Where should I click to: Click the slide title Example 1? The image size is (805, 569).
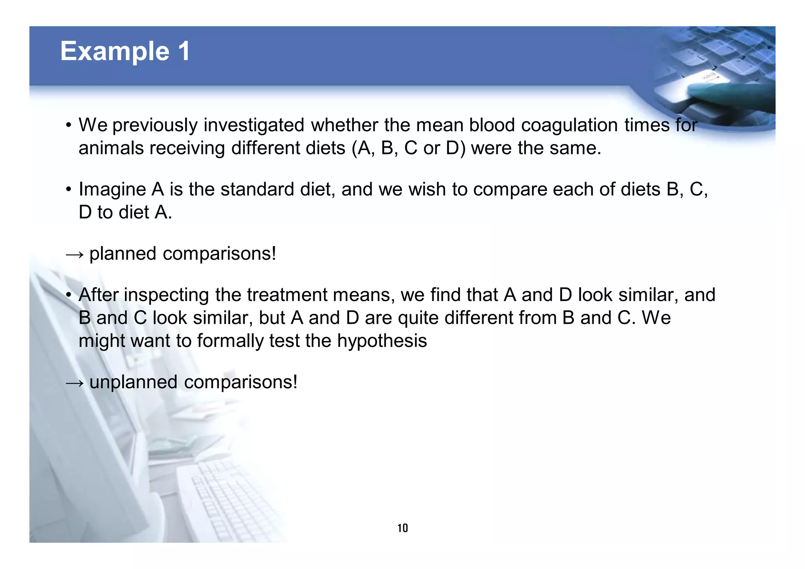point(125,51)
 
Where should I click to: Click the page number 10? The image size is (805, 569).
point(402,528)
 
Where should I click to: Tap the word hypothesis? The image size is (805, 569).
point(382,341)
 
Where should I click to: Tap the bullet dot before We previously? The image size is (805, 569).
point(69,126)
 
